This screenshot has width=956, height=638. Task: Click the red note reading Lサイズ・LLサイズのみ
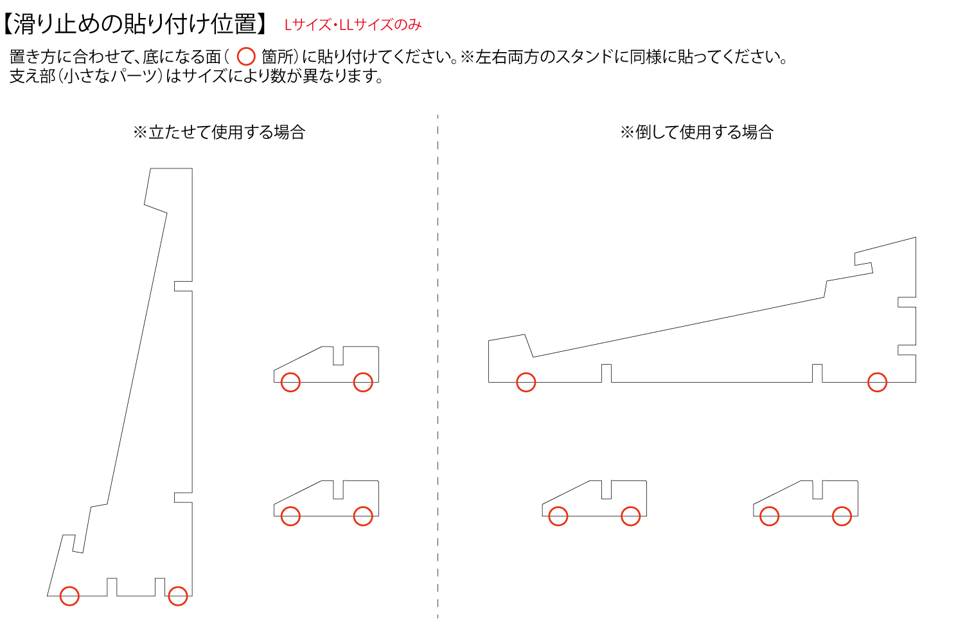pos(353,25)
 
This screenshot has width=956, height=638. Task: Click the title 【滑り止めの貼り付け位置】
pos(136,24)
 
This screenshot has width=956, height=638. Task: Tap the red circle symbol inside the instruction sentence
pos(246,57)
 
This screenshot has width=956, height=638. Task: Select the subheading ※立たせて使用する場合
pos(219,132)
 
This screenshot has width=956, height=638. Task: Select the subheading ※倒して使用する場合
pos(696,132)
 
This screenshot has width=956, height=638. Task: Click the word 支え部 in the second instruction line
pos(32,76)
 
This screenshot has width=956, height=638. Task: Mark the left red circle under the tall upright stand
pos(69,596)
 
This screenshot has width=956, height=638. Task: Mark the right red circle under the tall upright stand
pos(178,596)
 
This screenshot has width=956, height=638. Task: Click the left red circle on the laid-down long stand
pos(526,382)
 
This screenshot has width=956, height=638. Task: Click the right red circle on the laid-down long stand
pos(878,382)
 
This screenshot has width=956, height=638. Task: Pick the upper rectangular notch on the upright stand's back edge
pos(183,286)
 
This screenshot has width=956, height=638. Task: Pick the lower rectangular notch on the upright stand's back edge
pos(183,497)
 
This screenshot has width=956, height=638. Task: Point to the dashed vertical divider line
pos(438,366)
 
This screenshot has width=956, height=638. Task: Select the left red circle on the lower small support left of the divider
pos(290,516)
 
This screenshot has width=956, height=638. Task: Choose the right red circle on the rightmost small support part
pos(842,516)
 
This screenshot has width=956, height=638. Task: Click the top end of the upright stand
pos(171,169)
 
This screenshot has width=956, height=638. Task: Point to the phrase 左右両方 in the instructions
pos(508,57)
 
